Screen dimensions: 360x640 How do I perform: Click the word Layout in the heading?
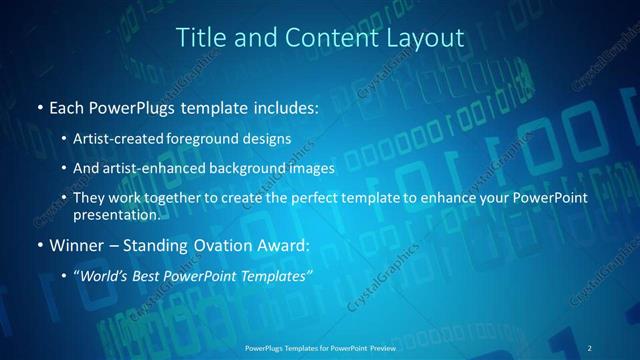point(427,37)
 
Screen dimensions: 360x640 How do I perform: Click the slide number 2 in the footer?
point(590,347)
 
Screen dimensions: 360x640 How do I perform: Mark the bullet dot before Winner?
point(38,245)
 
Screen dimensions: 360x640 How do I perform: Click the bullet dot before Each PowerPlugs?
point(38,106)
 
